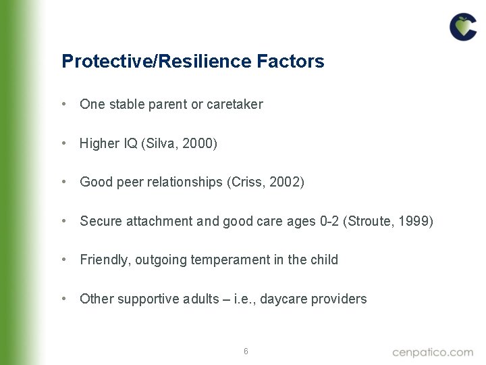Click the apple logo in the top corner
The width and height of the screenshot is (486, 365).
click(463, 27)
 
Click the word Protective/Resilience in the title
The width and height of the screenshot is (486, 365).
click(157, 62)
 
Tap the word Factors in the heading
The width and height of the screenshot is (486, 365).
click(290, 62)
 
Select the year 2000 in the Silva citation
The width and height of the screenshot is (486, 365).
click(198, 143)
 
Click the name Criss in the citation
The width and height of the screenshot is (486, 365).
click(248, 182)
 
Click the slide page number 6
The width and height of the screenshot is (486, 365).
click(246, 351)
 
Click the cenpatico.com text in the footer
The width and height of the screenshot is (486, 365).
click(433, 351)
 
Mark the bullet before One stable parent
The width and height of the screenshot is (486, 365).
click(63, 104)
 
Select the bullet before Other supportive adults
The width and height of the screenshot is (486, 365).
click(63, 299)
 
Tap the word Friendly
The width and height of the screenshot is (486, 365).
click(101, 260)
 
